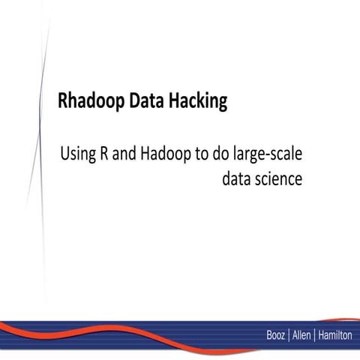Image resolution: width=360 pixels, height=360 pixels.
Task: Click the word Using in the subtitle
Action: click(77, 155)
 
